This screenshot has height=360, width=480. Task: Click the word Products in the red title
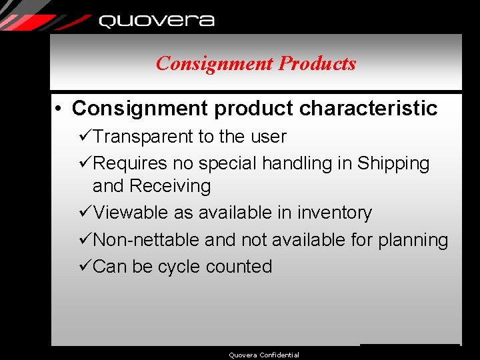click(317, 63)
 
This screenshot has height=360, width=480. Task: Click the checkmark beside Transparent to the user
click(85, 137)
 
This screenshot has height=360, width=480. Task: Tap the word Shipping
click(393, 163)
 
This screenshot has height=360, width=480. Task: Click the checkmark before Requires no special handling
click(85, 163)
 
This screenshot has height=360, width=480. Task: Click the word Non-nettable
click(147, 239)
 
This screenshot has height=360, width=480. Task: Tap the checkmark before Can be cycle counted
click(85, 266)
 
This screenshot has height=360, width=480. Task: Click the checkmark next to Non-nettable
click(85, 239)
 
